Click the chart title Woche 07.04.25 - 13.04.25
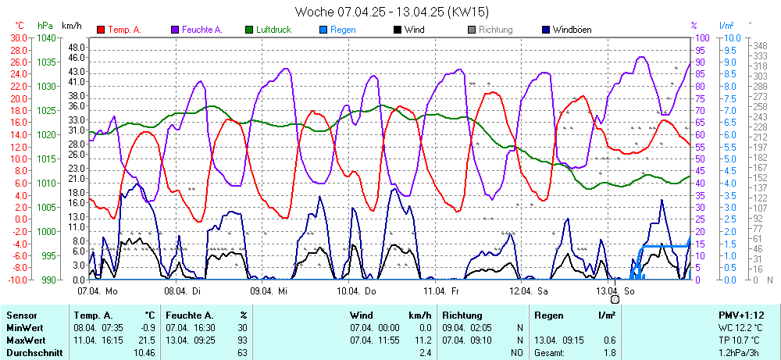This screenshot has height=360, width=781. [391, 12]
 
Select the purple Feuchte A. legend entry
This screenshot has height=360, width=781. [201, 30]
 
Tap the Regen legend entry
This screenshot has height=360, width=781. [342, 30]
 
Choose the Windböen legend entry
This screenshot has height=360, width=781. [571, 30]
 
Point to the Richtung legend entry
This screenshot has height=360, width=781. [495, 30]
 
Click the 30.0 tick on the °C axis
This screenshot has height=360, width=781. [16, 37]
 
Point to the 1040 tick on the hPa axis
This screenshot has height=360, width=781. [46, 37]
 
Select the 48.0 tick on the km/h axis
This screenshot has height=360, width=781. [77, 46]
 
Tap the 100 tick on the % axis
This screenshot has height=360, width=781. [702, 37]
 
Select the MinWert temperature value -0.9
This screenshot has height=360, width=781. [148, 328]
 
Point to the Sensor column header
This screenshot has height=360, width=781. [22, 315]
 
